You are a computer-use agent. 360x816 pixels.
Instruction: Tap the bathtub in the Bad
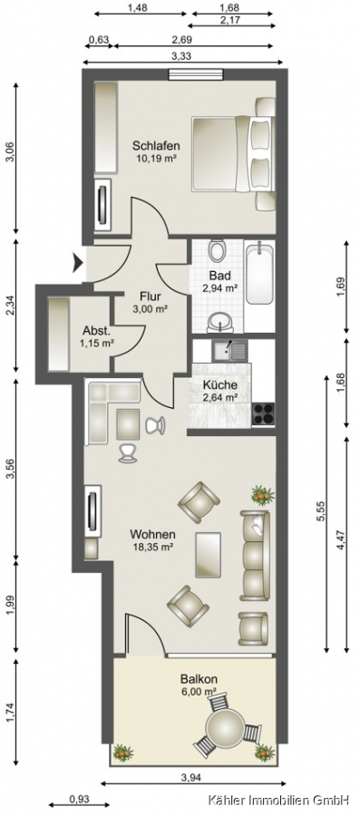point(258,273)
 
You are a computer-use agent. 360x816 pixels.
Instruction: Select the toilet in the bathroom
point(217,250)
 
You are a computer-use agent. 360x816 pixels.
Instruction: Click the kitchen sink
point(229,350)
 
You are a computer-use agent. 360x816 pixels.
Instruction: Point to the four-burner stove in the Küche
point(263,414)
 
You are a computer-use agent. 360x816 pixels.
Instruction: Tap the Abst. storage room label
point(97,330)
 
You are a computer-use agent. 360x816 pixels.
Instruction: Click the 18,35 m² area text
point(151,547)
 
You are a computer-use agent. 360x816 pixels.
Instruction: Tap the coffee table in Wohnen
point(208,555)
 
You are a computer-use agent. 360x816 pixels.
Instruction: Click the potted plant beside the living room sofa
point(263,494)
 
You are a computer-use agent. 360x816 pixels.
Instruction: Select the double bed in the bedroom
point(233,154)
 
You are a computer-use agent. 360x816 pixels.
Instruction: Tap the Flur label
point(151,296)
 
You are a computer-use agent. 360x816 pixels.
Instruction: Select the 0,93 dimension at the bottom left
point(79,799)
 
